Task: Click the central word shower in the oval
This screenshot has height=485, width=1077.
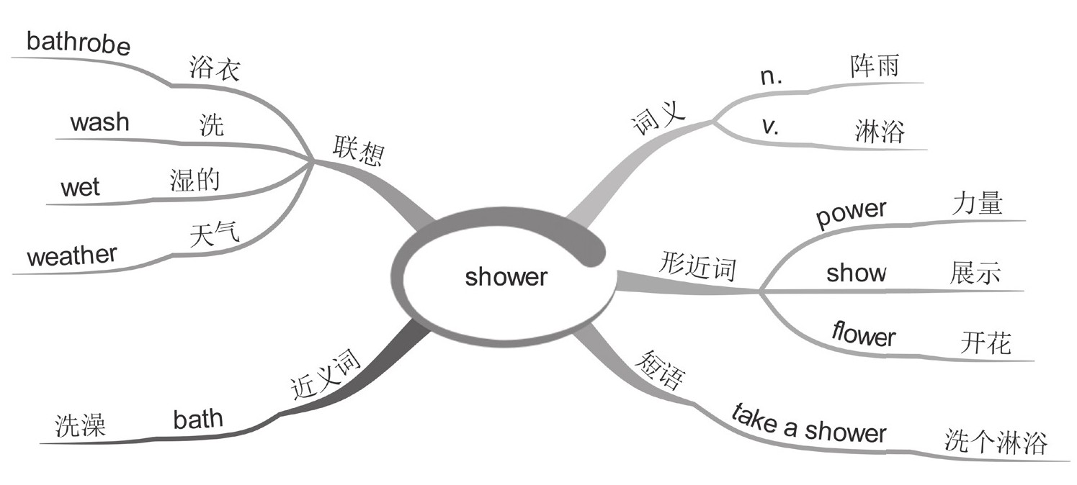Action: (x=506, y=277)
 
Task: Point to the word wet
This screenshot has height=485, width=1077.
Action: (x=80, y=188)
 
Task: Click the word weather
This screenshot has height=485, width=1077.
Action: (x=71, y=255)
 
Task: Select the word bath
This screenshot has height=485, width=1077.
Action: (x=198, y=419)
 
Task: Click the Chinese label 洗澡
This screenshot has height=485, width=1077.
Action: (x=81, y=426)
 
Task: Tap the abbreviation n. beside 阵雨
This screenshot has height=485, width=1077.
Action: (x=772, y=78)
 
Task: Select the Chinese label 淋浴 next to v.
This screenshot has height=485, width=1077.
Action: (x=879, y=132)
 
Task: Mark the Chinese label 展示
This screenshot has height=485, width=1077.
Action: (x=975, y=274)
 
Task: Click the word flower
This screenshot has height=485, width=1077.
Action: (x=863, y=335)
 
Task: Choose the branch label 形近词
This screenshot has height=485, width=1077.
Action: (x=697, y=268)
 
